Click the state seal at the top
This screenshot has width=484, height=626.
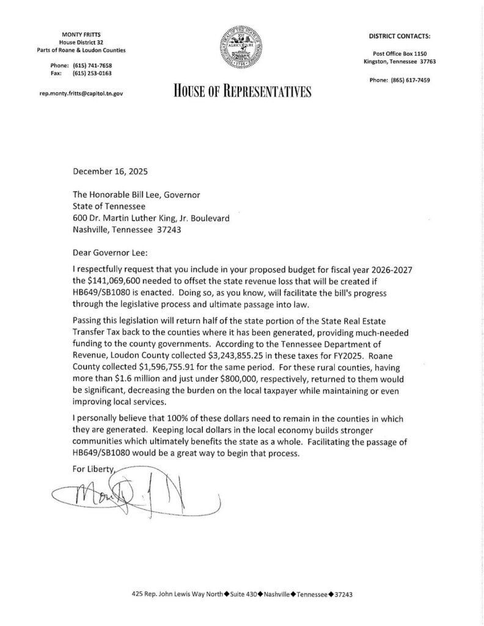243,48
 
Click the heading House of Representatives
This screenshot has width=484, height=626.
243,92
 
